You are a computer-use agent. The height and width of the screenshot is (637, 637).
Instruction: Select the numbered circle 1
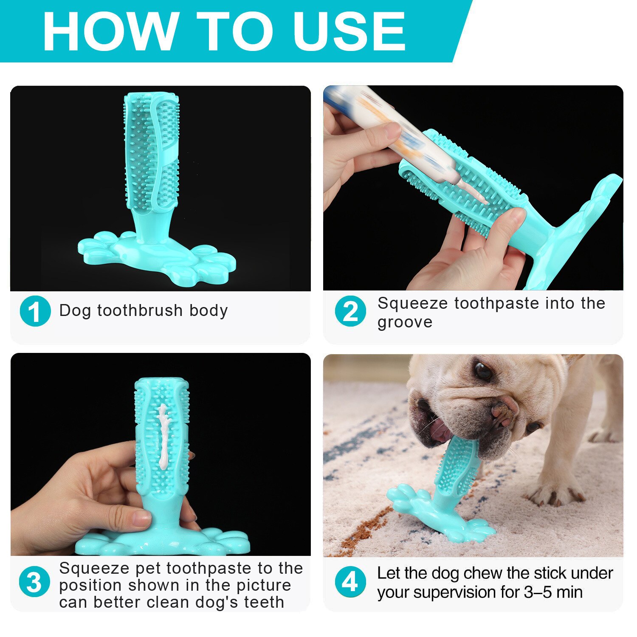point(35,311)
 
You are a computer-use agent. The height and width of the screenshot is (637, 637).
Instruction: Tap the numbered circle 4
point(350,582)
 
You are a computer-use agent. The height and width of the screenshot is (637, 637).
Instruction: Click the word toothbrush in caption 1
point(140,310)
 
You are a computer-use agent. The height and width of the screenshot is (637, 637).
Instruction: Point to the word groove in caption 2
point(405,322)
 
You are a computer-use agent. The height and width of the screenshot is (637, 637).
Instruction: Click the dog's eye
point(483,370)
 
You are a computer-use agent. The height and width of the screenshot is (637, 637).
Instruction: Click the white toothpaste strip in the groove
point(163,433)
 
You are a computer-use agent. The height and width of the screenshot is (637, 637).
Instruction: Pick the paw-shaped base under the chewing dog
point(442,518)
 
